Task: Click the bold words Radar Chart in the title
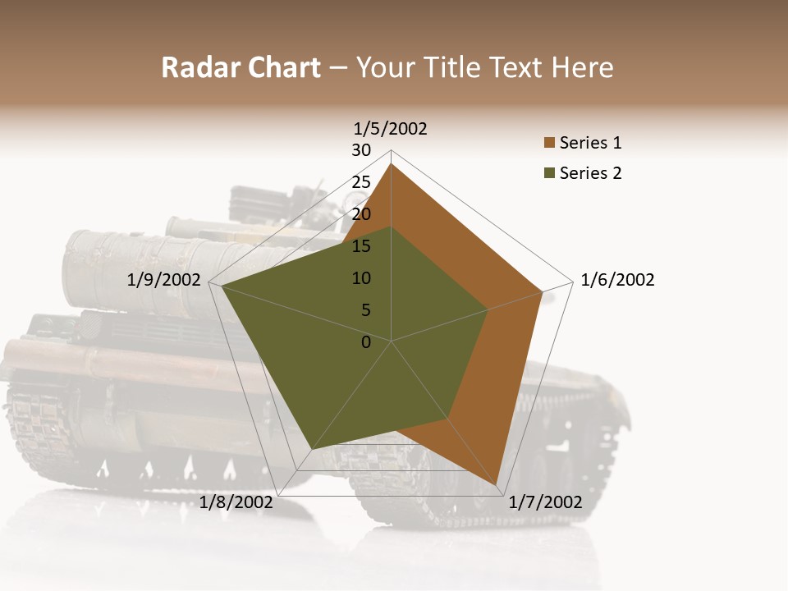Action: click(241, 67)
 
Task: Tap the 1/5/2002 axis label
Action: click(391, 128)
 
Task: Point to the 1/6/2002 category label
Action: click(617, 281)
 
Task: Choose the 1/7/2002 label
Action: click(545, 502)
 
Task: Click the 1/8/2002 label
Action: click(236, 502)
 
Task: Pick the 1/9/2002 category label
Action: click(164, 281)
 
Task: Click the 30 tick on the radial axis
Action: click(361, 150)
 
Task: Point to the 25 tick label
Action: click(361, 182)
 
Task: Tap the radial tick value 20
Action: click(361, 214)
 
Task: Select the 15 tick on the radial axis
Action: click(361, 246)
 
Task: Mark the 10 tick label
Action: click(361, 278)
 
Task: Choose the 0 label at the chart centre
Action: click(366, 342)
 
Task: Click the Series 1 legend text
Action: click(590, 143)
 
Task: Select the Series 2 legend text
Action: click(590, 173)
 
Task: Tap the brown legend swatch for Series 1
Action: click(549, 143)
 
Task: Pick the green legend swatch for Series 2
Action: click(549, 173)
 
